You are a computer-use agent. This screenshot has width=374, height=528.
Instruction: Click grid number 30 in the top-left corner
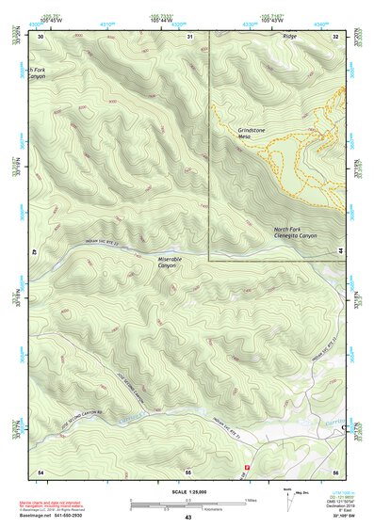[41, 36]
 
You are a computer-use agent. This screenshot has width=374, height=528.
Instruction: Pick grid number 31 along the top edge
[189, 36]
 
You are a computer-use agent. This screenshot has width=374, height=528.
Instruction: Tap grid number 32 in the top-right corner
[336, 36]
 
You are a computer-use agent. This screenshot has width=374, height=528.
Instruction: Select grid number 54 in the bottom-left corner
[41, 470]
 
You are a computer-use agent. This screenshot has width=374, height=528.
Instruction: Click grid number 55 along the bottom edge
[188, 470]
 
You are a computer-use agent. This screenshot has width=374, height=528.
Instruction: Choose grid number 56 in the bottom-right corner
[335, 470]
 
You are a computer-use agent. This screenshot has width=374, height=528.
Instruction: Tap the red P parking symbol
[248, 468]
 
